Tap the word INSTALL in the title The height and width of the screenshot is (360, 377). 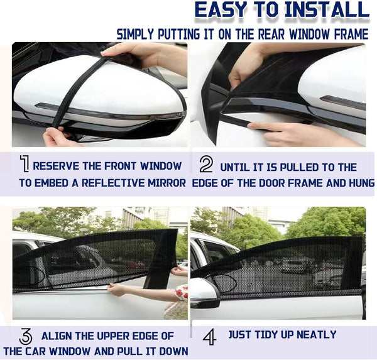tap(326, 11)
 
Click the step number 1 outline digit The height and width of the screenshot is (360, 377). tap(25, 166)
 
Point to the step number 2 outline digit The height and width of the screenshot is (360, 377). tap(206, 165)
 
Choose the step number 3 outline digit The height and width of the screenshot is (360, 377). tap(26, 336)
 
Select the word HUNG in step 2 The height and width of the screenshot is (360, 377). tap(358, 183)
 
